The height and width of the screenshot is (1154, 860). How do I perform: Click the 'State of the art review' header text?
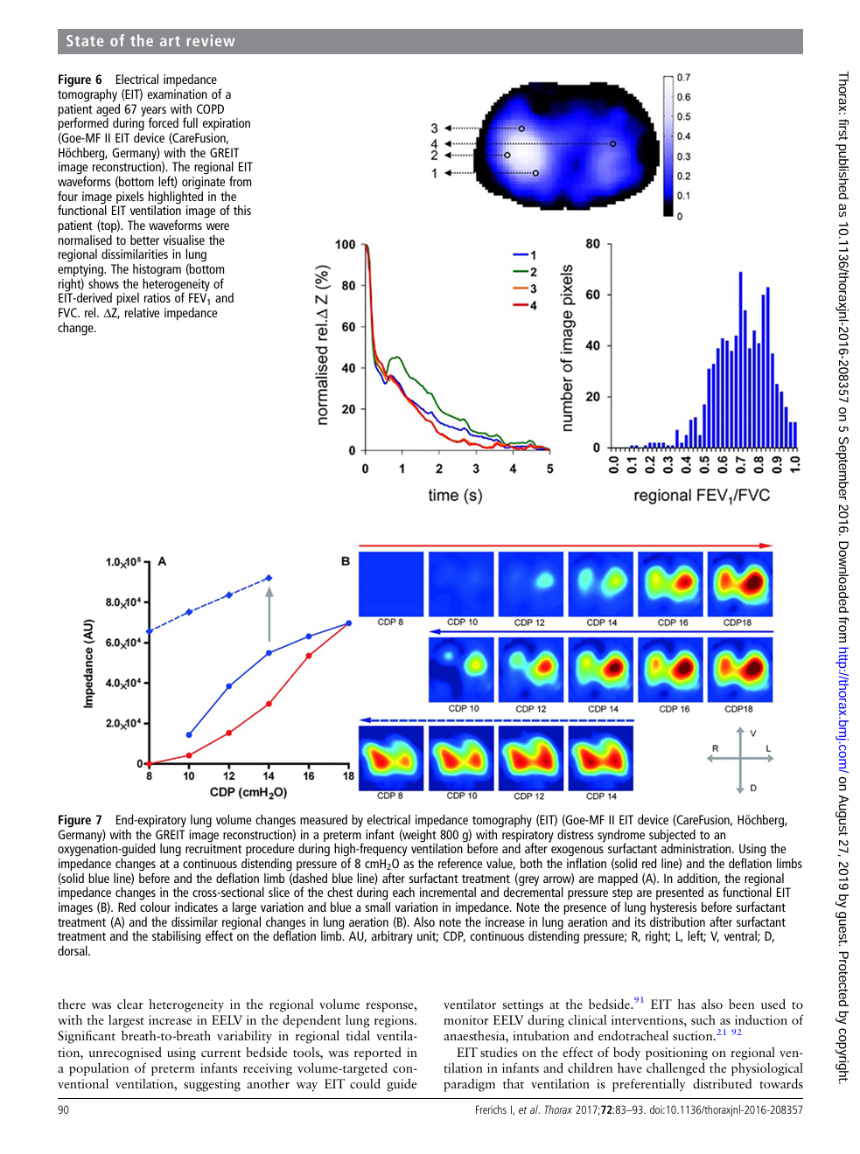[x=150, y=41]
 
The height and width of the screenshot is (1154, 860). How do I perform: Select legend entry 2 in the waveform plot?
[x=525, y=272]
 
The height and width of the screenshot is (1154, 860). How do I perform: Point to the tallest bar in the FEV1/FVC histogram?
[x=740, y=359]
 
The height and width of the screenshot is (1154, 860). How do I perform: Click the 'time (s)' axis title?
[x=455, y=495]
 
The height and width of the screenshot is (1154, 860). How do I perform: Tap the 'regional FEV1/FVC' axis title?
[x=702, y=496]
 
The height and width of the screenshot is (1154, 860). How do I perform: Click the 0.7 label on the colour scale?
[x=683, y=78]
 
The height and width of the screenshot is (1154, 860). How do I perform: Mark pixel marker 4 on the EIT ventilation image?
[x=613, y=143]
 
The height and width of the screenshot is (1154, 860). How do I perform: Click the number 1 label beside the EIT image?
[x=434, y=173]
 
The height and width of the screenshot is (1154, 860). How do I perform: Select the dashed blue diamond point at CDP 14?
[x=269, y=578]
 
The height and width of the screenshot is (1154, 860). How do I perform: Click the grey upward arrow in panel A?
[x=269, y=614]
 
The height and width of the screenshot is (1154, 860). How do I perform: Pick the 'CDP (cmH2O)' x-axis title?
[x=248, y=793]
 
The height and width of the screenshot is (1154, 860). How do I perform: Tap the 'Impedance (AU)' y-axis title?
[x=89, y=663]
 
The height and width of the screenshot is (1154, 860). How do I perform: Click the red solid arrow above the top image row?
[x=566, y=546]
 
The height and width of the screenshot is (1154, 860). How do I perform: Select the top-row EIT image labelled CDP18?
[x=740, y=584]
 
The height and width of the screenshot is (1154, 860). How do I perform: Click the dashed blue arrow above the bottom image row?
[x=496, y=720]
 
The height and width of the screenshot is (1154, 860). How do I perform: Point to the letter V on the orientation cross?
[x=753, y=733]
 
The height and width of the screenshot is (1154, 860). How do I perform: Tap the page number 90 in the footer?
[x=63, y=1109]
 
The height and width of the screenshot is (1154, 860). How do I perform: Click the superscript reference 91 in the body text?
[x=639, y=999]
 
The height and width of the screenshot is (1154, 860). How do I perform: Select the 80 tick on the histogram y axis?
[x=593, y=244]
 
